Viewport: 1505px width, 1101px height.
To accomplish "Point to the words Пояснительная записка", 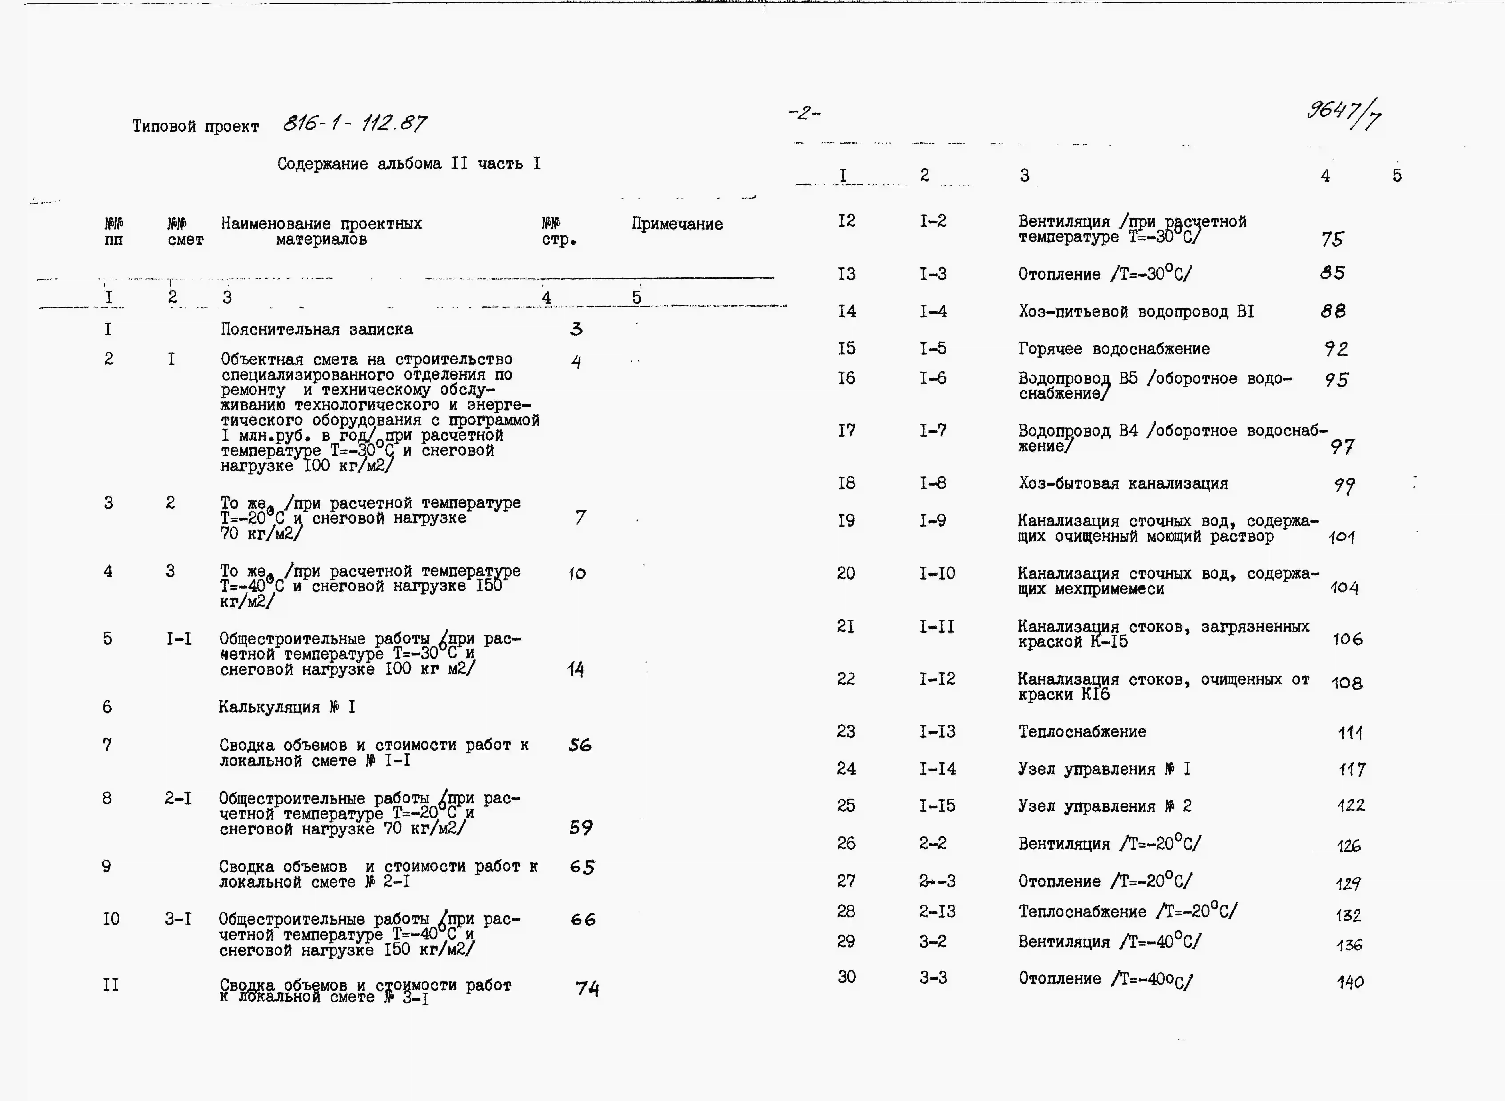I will (317, 329).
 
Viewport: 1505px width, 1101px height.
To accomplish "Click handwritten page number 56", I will (579, 745).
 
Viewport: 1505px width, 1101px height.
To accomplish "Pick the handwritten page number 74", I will (587, 988).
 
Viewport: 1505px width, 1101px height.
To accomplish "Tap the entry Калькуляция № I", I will (287, 707).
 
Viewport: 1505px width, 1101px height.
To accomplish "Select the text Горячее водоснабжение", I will (1114, 349).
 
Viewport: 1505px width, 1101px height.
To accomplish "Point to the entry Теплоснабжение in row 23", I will (1082, 732).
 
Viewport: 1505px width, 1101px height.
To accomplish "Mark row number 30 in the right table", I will (846, 977).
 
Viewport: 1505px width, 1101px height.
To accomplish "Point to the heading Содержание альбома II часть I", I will (409, 164).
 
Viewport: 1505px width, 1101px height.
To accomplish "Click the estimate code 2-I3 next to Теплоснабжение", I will (937, 912).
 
